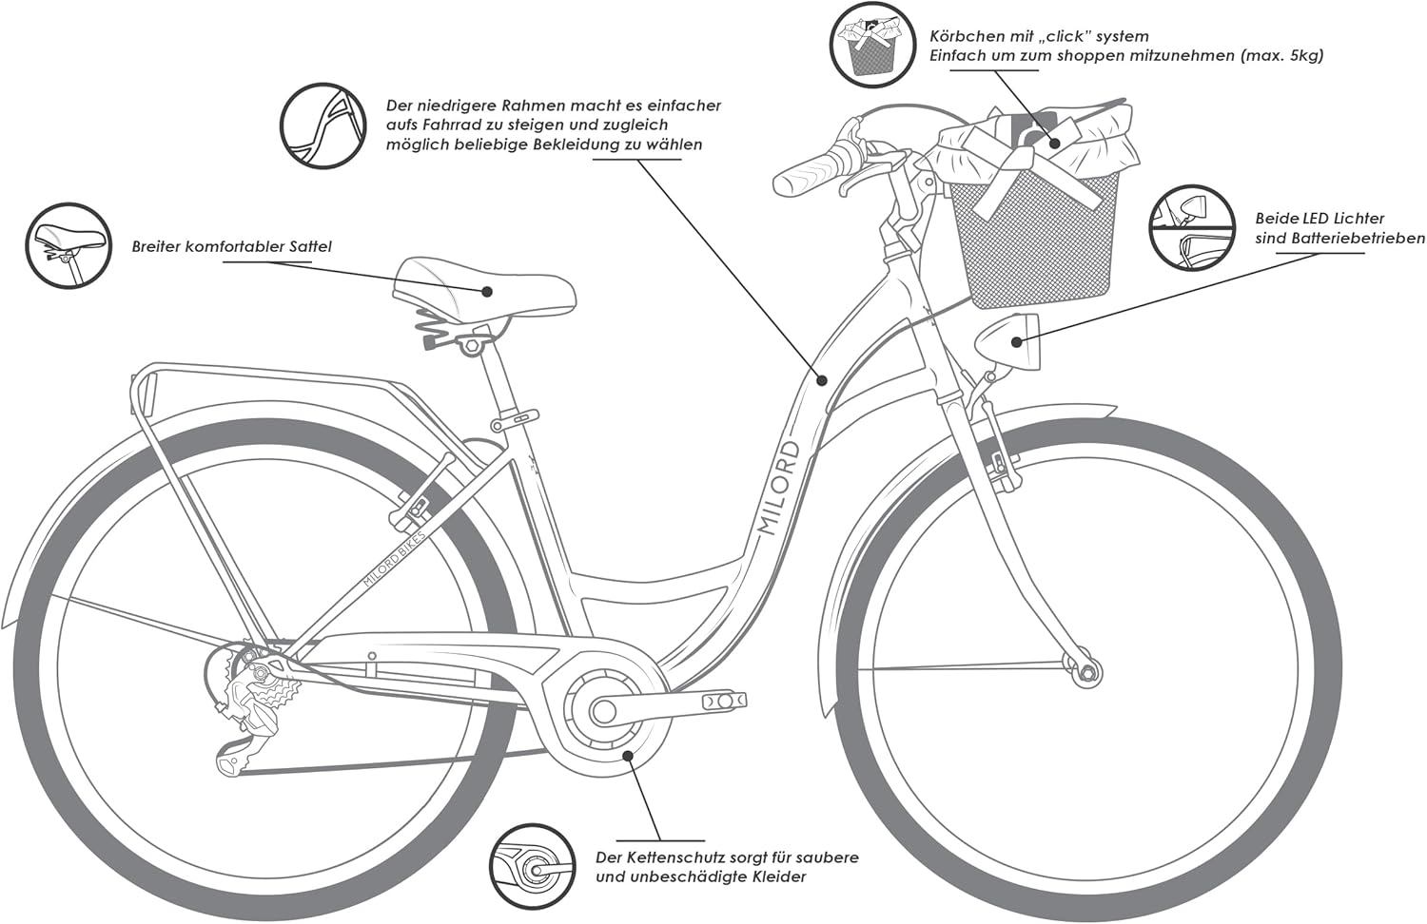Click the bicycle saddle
click(x=484, y=286)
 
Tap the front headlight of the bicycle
click(x=1007, y=342)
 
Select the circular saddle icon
click(x=68, y=246)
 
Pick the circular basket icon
click(x=872, y=46)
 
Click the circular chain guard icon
click(x=532, y=867)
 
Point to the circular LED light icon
click(x=1192, y=227)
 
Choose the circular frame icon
click(x=323, y=126)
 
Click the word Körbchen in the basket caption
click(x=964, y=36)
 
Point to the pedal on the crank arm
click(x=724, y=702)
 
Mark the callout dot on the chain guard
click(x=628, y=756)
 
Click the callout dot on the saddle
click(x=487, y=292)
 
